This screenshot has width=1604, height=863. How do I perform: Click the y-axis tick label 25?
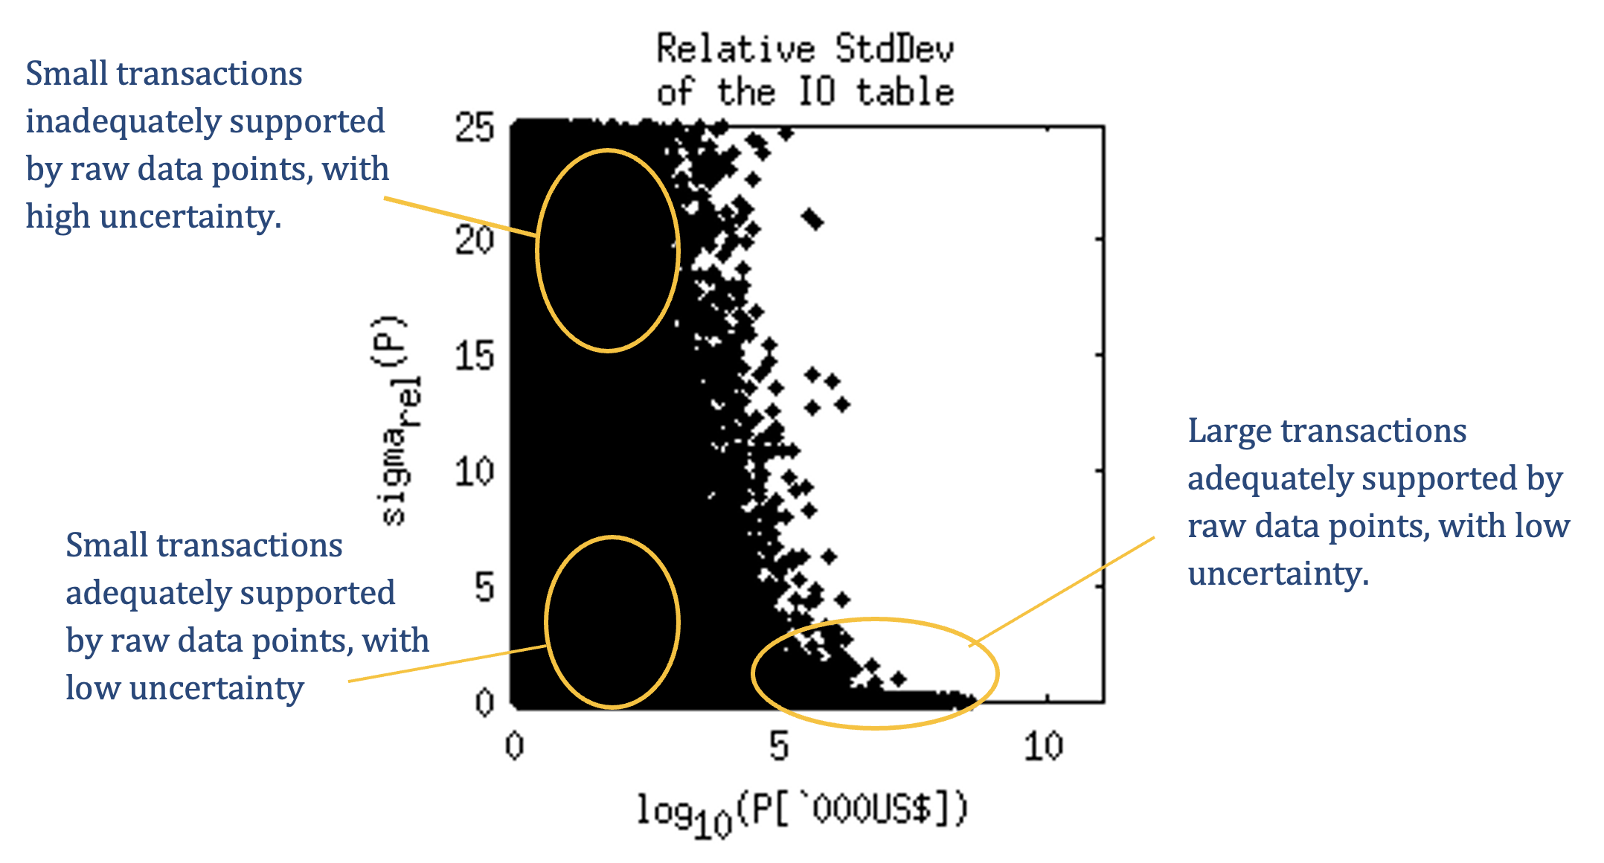[475, 127]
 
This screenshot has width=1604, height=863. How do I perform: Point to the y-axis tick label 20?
[475, 240]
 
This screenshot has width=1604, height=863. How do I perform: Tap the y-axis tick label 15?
[475, 356]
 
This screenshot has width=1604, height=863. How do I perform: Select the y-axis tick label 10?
[475, 472]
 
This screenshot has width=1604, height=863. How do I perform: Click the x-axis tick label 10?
[1043, 746]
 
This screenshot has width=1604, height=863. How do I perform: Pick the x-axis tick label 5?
[779, 746]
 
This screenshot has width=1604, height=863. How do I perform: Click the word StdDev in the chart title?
[894, 50]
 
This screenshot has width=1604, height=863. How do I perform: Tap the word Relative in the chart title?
[736, 50]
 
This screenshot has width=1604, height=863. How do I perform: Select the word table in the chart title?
[905, 93]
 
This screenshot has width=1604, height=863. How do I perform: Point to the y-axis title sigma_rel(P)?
[394, 420]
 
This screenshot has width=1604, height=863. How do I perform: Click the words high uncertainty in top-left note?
[153, 216]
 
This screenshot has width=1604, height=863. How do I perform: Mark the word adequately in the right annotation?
[1276, 478]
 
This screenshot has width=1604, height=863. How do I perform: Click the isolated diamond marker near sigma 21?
[812, 219]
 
